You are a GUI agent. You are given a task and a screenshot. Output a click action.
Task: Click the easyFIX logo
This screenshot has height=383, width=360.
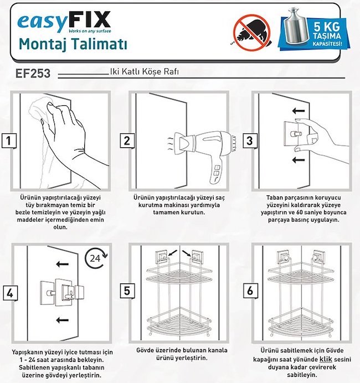64,22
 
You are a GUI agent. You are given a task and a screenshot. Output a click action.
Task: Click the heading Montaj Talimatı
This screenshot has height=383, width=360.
73,45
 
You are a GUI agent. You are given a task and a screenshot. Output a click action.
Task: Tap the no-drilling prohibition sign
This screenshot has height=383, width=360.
252,33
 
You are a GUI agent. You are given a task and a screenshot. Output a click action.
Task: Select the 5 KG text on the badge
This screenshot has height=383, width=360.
327,27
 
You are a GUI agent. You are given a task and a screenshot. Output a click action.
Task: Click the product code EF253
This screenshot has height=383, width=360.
33,73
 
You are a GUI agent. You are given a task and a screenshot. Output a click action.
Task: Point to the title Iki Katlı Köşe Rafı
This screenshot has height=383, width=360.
144,72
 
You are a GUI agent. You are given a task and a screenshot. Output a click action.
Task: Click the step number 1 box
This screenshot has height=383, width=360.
9,141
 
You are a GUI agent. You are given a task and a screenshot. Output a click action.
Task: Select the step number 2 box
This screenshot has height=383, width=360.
127,141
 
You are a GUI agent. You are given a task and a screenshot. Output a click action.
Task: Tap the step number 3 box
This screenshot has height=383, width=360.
250,141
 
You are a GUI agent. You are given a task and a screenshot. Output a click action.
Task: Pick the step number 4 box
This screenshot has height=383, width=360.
11,293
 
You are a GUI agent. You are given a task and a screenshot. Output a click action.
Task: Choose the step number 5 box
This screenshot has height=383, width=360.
127,291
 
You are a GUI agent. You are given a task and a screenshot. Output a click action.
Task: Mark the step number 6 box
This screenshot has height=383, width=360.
250,291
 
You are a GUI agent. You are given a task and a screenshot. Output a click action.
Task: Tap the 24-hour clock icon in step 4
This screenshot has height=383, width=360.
96,258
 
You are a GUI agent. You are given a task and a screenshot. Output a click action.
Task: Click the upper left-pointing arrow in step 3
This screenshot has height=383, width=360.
299,111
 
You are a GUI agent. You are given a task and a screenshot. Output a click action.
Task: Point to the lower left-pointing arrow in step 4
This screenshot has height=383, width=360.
62,320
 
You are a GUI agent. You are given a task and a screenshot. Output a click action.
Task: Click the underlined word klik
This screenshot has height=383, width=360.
326,359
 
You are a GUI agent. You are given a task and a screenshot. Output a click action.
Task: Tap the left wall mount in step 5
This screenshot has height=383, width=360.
161,257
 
